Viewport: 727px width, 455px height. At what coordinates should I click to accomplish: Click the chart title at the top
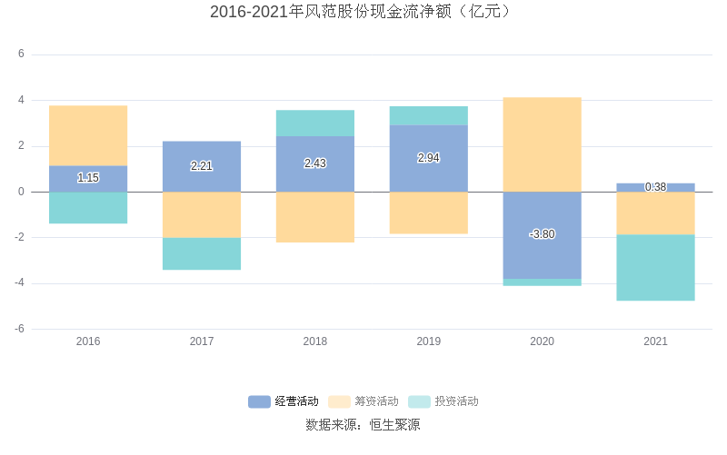tap(363, 12)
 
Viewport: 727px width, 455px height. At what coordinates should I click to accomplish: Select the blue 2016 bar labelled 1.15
tap(88, 179)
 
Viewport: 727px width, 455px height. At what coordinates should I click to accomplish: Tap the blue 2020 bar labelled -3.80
tap(542, 234)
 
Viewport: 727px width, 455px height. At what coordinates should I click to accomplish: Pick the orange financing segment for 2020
tap(542, 144)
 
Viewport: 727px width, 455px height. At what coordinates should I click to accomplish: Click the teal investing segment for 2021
tap(655, 267)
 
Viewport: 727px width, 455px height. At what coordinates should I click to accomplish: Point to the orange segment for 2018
tap(315, 217)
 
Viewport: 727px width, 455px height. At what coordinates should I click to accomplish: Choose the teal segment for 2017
tap(202, 253)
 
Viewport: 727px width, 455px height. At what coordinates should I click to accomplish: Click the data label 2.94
tap(428, 158)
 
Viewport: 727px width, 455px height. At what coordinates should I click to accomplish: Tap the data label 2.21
tap(202, 166)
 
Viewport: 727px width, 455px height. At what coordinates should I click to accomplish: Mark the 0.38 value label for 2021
tap(655, 187)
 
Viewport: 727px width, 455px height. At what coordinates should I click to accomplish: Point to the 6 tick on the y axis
tap(21, 54)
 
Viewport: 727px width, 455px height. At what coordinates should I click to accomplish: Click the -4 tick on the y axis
tap(19, 283)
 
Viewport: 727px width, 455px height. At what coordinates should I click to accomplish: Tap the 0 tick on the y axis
tap(21, 192)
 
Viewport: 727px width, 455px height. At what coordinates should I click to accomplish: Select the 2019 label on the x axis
tap(428, 341)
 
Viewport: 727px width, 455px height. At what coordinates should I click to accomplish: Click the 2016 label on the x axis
tap(88, 341)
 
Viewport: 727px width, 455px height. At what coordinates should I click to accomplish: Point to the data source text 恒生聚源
tap(394, 425)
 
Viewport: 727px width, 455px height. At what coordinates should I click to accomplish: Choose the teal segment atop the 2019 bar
tap(428, 115)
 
